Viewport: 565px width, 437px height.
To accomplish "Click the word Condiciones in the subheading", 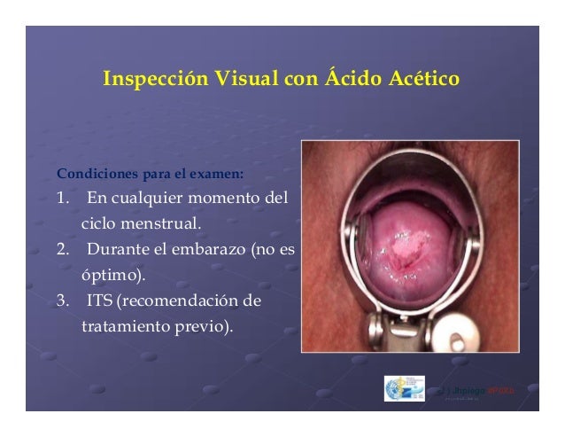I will click(x=93, y=173).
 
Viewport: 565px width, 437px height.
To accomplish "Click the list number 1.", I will click(x=63, y=195).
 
